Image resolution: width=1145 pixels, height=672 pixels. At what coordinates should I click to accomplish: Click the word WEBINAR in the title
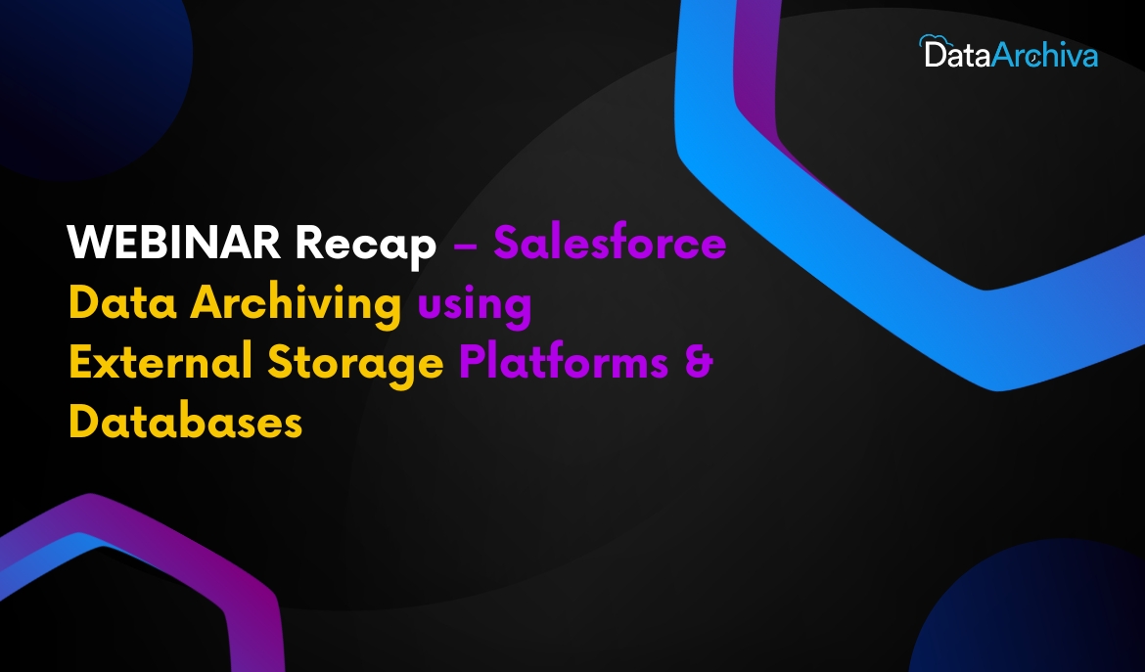point(174,243)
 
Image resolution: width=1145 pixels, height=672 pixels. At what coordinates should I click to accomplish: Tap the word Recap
point(366,246)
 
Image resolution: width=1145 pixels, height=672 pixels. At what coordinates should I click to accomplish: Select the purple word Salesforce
point(610,242)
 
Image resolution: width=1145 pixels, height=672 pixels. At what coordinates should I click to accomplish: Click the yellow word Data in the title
point(122,302)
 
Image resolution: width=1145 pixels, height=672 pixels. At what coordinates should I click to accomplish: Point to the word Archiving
point(296,304)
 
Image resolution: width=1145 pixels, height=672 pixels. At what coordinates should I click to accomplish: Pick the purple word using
point(474,306)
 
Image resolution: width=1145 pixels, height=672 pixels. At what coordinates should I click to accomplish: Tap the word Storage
point(355,364)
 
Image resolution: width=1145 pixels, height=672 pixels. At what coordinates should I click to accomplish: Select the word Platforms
point(564,361)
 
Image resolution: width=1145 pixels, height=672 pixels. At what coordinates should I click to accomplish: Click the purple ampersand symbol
point(699,362)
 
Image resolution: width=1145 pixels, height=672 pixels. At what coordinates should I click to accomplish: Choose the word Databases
point(186,421)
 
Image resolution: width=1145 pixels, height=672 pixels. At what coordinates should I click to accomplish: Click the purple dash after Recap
point(465,246)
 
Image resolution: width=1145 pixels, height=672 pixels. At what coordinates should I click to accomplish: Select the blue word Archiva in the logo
point(1045,54)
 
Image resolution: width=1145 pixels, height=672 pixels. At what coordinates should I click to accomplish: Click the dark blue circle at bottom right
point(1037,613)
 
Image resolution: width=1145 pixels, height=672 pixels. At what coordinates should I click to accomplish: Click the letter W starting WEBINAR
point(86,243)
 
